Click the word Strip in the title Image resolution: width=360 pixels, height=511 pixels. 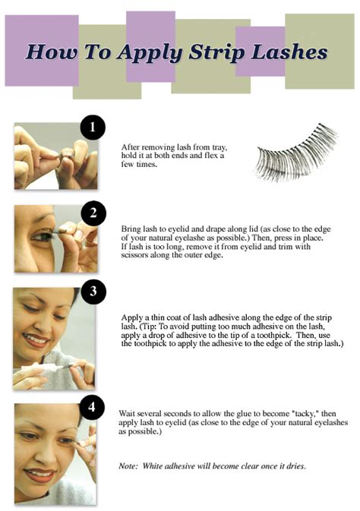pos(216,52)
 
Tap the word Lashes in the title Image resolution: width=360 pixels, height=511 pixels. pos(289,52)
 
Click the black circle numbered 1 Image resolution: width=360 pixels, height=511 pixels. pos(93,127)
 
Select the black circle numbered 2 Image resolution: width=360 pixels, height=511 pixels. pos(93,213)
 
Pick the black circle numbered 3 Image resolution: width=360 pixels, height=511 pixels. pos(93,291)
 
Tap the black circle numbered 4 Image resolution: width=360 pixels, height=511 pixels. pos(92,408)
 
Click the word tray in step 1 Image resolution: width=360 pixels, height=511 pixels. pos(219,147)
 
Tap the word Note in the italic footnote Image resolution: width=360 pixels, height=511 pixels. pos(128,466)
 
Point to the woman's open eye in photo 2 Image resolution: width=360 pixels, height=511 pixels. pos(43,236)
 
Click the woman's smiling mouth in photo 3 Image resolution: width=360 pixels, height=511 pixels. pos(36,340)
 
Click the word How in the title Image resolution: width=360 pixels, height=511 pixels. pos(52,52)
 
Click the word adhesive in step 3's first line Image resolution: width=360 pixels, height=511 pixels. pos(223,317)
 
